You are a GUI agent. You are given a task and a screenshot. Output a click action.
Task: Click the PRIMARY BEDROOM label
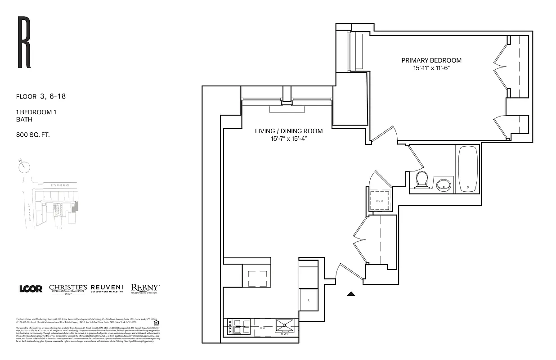click(x=431, y=60)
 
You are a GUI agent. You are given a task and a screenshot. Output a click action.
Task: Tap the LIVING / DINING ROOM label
click(x=289, y=131)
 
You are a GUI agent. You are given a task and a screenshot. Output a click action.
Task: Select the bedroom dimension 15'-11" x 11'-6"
click(x=431, y=68)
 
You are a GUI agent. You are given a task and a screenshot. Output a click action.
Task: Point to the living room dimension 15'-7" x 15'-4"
click(x=289, y=139)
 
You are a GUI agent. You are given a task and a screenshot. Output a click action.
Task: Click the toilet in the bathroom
click(x=422, y=180)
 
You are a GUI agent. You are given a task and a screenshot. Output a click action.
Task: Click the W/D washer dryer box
click(x=380, y=201)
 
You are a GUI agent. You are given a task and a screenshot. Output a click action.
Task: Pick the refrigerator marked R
click(x=308, y=300)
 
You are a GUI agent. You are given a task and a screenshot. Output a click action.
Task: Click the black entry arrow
click(x=351, y=294)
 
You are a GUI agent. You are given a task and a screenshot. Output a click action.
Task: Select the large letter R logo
click(x=24, y=42)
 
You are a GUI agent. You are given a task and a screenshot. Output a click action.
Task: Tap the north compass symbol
click(x=24, y=166)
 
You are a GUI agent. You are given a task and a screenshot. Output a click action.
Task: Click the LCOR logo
click(x=31, y=289)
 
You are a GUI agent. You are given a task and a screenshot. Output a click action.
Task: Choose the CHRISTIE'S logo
click(x=67, y=288)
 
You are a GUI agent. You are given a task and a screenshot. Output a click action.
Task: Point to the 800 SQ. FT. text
click(x=33, y=134)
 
